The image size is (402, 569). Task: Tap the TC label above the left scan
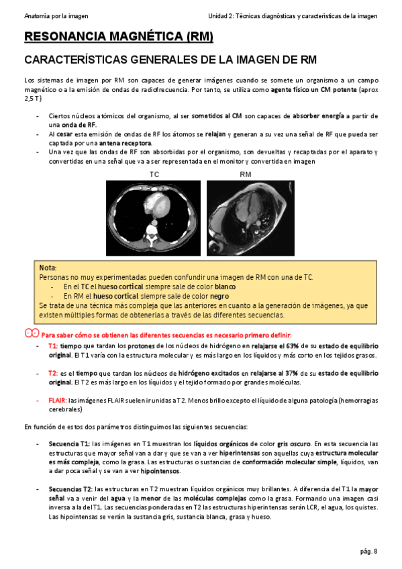pos(154,174)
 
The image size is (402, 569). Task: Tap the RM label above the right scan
pos(246,174)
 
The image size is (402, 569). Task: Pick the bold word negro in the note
pos(219,296)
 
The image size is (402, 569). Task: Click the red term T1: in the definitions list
pos(53,346)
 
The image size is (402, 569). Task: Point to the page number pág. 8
pos(368,551)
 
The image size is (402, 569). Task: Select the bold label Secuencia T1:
pos(69,444)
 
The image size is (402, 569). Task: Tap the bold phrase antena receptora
pos(125,143)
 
